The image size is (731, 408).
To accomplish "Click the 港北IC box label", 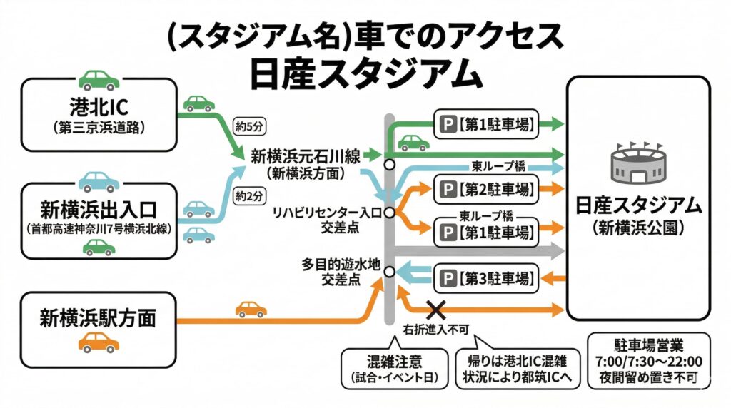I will (99, 109).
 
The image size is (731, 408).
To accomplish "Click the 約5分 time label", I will (249, 128).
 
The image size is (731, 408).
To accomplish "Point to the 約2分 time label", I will (249, 194).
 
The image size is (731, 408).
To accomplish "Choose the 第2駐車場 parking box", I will (486, 190).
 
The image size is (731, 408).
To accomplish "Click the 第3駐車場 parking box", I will (486, 277).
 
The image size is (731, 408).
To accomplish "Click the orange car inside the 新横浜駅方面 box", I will (99, 342).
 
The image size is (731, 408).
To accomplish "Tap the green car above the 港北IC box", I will (99, 79).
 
